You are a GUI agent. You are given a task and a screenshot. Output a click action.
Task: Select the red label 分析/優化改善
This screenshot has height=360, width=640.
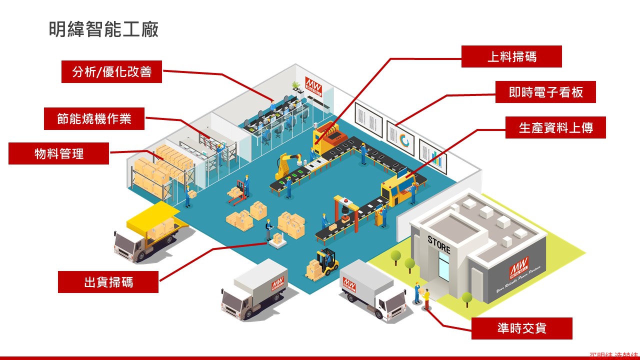111,72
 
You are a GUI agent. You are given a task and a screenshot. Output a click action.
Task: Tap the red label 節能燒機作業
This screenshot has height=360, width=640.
94,119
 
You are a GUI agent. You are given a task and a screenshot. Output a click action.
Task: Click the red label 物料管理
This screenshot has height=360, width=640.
58,153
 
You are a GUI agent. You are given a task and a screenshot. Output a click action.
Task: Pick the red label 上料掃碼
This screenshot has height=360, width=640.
511,56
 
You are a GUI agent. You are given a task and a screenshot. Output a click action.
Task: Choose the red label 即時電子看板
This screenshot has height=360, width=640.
545,92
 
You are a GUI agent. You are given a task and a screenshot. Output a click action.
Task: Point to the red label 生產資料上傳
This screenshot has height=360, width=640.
555,127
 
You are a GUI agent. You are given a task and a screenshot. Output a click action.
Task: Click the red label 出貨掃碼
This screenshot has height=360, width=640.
108,282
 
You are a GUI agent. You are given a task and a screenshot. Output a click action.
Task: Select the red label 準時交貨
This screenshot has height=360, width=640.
521,328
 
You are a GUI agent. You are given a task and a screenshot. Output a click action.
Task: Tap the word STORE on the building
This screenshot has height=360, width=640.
439,244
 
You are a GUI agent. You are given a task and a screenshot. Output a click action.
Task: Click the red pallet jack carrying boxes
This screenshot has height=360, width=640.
238,192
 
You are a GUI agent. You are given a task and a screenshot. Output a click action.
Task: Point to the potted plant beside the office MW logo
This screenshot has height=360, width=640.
296,85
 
